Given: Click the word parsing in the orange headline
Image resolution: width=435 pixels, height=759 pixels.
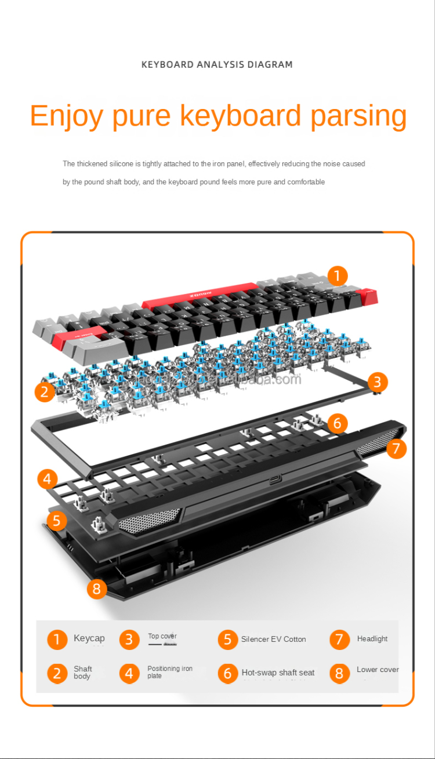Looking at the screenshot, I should [358, 116].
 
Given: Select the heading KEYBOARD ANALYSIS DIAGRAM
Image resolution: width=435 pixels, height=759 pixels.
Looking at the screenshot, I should [217, 64].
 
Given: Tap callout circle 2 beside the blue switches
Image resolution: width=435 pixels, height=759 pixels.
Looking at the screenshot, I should [45, 392].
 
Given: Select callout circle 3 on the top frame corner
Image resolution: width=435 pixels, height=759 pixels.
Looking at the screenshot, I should [377, 382].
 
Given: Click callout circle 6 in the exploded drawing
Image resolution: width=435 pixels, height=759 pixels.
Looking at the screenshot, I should [338, 423].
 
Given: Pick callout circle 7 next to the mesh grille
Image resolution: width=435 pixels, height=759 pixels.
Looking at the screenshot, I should [396, 448].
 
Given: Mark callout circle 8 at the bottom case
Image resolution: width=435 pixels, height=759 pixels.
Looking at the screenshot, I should [97, 590].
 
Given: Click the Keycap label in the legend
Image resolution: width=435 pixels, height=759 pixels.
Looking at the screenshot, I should [89, 638].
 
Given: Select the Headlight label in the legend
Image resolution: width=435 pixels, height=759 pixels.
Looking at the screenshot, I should [372, 639].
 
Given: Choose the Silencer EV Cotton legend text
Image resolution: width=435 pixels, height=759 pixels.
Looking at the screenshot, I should [273, 639].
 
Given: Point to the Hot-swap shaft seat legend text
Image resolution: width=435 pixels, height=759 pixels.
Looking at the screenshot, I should [278, 673].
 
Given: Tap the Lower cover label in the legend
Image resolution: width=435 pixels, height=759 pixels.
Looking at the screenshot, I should [378, 670].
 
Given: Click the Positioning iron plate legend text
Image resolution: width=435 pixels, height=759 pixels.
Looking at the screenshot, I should [169, 672].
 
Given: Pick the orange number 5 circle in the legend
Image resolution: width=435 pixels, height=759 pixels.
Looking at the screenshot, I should [228, 640].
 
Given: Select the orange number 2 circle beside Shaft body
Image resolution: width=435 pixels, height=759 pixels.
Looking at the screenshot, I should [57, 673].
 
